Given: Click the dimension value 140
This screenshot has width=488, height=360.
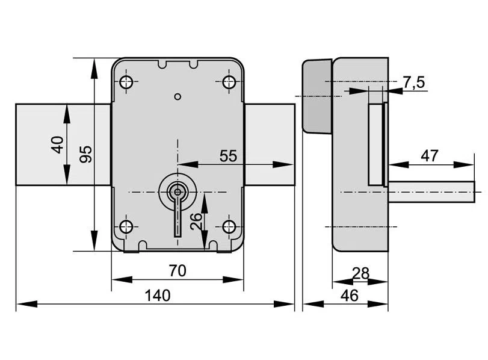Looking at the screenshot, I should tap(158, 295).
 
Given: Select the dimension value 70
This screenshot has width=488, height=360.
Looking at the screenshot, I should tap(177, 271).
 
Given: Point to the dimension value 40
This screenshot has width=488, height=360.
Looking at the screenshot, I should tap(57, 144).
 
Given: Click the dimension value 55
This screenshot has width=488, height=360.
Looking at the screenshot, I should tap(227, 156).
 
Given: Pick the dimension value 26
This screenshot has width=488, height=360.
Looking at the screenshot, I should tap(196, 221).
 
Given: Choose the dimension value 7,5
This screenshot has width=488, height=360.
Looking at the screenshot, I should tap(414, 82).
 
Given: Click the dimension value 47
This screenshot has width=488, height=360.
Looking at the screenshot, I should tap(429, 155).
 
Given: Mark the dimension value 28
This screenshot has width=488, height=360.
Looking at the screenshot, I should tap(360, 273).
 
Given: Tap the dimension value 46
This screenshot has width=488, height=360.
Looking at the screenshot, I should tap(349, 295).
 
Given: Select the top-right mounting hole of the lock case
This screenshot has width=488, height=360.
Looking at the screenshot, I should tap(229, 82).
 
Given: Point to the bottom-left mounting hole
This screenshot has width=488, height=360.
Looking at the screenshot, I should tap(126, 227).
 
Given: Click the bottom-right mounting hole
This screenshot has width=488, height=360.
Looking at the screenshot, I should tap(229, 227).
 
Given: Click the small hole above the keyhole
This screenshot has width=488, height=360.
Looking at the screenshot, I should tap(177, 96).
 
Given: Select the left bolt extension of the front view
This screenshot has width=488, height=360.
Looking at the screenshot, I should tap(63, 144).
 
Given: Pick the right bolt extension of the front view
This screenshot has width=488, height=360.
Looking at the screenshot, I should tap(270, 144).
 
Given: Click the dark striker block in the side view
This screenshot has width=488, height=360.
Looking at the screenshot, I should tap(317, 95).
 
